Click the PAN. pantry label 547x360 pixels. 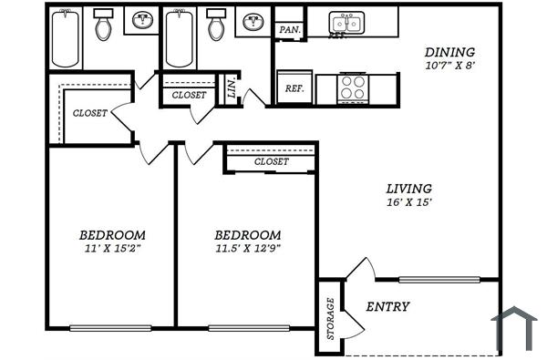tap(290, 30)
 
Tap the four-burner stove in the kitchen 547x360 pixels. tap(353, 87)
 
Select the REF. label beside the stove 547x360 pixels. tap(294, 88)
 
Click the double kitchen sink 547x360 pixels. tap(346, 22)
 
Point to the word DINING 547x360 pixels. tap(449, 52)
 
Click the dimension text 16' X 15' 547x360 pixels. tap(407, 202)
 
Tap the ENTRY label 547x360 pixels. tap(387, 307)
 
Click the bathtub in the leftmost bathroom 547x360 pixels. tap(64, 38)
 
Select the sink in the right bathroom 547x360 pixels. tap(253, 22)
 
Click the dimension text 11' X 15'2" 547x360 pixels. tap(111, 248)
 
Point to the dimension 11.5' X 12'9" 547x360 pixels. tap(247, 248)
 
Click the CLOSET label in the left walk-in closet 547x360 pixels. tap(89, 114)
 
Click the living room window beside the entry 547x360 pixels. tap(437, 280)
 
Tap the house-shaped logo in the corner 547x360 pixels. tap(514, 329)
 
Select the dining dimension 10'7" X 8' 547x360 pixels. tap(449, 66)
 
